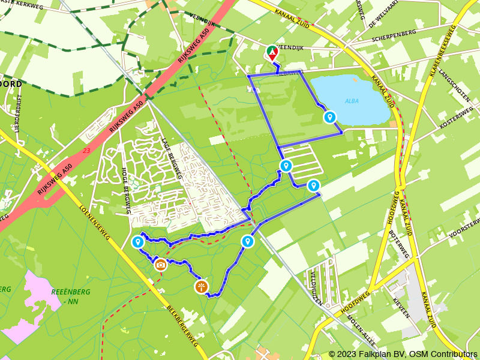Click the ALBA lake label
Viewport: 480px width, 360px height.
point(352,101)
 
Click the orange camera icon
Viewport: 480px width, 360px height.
point(160,264)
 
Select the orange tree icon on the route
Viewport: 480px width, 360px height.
point(201,286)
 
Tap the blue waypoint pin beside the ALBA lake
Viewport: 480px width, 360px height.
point(329,117)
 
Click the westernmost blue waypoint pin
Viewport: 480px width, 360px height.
point(137,242)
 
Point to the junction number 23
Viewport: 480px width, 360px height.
point(88,151)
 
